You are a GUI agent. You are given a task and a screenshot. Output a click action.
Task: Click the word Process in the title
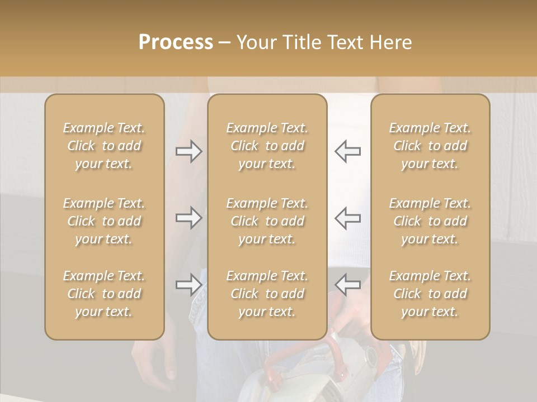point(176,42)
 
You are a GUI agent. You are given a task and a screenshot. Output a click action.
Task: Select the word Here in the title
point(391,42)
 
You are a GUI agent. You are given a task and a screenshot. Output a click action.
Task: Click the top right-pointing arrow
point(189,151)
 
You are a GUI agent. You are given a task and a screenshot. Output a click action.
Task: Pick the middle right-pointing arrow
point(189,218)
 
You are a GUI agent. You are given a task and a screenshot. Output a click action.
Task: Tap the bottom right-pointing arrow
point(189,285)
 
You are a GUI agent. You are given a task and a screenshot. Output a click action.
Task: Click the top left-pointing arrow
point(347,151)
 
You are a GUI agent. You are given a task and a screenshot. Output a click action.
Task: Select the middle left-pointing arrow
point(347,218)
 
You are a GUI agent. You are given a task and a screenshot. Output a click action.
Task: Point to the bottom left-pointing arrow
point(347,284)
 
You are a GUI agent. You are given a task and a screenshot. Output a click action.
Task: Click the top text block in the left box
point(104,146)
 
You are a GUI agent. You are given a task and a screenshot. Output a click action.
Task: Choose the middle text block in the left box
point(104,221)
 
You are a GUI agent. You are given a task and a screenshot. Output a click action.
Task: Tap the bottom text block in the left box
point(104,294)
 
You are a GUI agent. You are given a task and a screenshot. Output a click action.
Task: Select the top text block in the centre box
point(267,146)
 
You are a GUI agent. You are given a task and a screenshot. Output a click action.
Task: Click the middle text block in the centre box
point(267,221)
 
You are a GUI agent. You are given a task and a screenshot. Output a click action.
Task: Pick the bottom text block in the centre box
point(267,294)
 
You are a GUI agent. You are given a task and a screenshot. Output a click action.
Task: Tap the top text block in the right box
point(430,146)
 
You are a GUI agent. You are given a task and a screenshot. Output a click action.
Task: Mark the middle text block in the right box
point(430,221)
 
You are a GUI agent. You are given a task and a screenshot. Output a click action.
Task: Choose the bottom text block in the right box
point(430,294)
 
